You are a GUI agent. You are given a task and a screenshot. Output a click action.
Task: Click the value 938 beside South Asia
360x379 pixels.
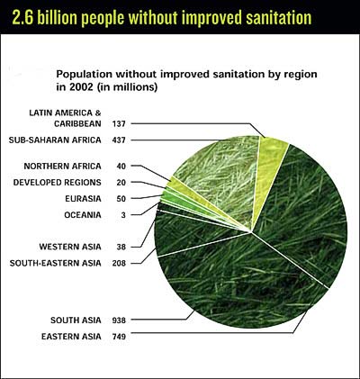click(x=119, y=320)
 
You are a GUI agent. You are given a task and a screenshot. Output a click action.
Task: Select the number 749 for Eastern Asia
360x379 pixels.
click(x=119, y=337)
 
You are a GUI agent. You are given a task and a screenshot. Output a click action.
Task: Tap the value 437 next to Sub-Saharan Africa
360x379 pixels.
click(x=119, y=140)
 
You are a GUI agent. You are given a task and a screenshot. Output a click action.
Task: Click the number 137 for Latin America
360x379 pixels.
click(x=119, y=123)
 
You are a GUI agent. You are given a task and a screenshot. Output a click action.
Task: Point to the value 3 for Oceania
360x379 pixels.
click(x=123, y=215)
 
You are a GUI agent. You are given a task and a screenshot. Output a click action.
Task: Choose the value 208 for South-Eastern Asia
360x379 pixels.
click(x=119, y=264)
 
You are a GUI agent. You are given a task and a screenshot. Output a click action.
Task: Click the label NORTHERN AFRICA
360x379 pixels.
click(x=62, y=167)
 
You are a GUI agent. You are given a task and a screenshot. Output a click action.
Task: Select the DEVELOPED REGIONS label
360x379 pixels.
click(x=58, y=183)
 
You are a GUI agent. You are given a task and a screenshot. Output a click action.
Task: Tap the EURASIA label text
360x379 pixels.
click(x=83, y=199)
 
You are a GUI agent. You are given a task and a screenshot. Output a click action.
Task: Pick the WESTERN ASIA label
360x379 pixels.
click(x=70, y=247)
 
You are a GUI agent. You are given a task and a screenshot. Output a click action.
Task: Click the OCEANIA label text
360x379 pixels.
click(x=83, y=215)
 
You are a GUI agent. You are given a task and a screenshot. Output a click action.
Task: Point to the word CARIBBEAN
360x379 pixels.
click(x=77, y=123)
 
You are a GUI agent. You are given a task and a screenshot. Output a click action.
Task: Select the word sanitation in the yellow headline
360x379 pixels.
click(x=279, y=18)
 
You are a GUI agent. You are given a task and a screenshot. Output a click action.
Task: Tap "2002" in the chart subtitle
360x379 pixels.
click(x=80, y=87)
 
